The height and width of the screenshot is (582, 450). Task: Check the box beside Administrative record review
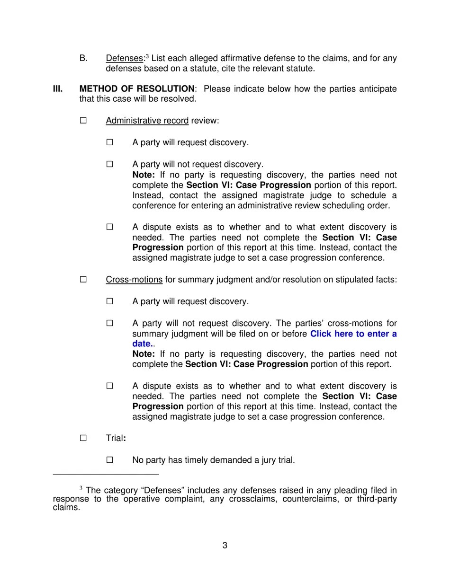pyautogui.click(x=83, y=121)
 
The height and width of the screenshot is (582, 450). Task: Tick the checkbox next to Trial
pyautogui.click(x=83, y=438)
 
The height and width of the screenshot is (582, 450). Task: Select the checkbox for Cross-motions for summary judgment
pyautogui.click(x=83, y=280)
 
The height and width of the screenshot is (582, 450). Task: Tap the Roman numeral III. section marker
pyautogui.click(x=58, y=89)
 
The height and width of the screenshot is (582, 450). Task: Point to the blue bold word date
pyautogui.click(x=141, y=344)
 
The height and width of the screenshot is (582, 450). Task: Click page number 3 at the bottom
pyautogui.click(x=225, y=546)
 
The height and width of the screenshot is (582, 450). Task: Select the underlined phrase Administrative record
pyautogui.click(x=147, y=121)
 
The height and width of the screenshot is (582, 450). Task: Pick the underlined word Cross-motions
pyautogui.click(x=134, y=280)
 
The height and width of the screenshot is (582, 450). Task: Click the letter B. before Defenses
pyautogui.click(x=83, y=59)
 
